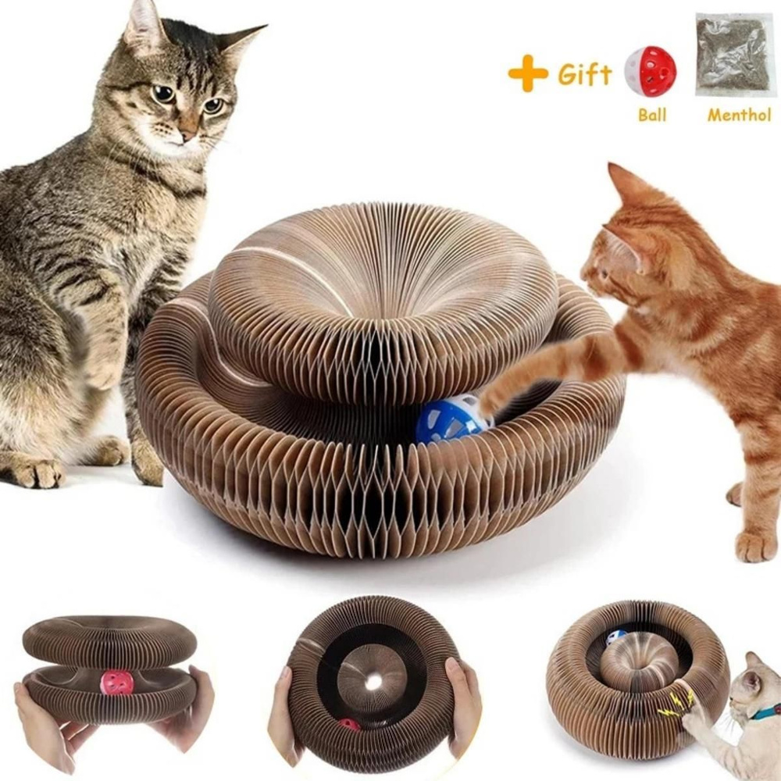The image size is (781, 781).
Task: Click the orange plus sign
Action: (x=527, y=73)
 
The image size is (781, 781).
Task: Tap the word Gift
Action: (x=584, y=74)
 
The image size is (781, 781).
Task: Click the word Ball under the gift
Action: (x=652, y=115)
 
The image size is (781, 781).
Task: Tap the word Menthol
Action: (x=739, y=115)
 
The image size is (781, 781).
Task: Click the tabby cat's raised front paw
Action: (x=102, y=369)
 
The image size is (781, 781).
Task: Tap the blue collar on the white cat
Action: (x=765, y=713)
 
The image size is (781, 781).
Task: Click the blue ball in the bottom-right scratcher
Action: (x=617, y=637)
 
